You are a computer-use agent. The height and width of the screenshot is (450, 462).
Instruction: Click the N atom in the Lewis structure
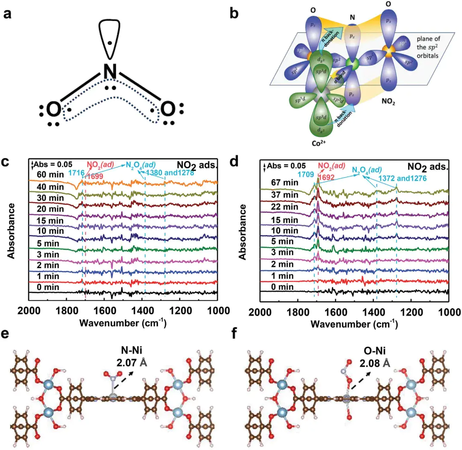pos(110,73)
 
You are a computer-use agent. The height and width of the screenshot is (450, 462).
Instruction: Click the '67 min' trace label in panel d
pos(282,182)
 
